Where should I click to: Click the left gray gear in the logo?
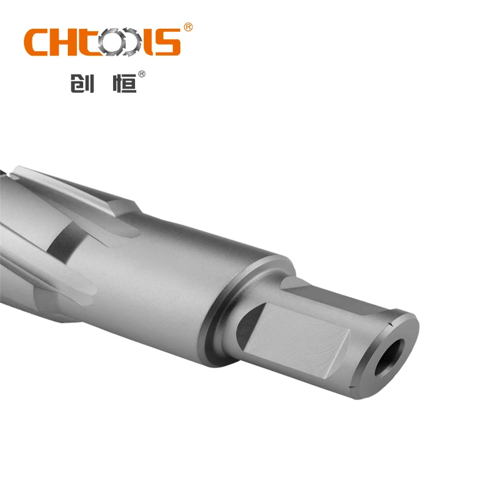(115, 42)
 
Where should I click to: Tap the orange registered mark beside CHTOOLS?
(188, 28)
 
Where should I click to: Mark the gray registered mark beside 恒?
(142, 74)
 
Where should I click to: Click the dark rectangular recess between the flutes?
(64, 241)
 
